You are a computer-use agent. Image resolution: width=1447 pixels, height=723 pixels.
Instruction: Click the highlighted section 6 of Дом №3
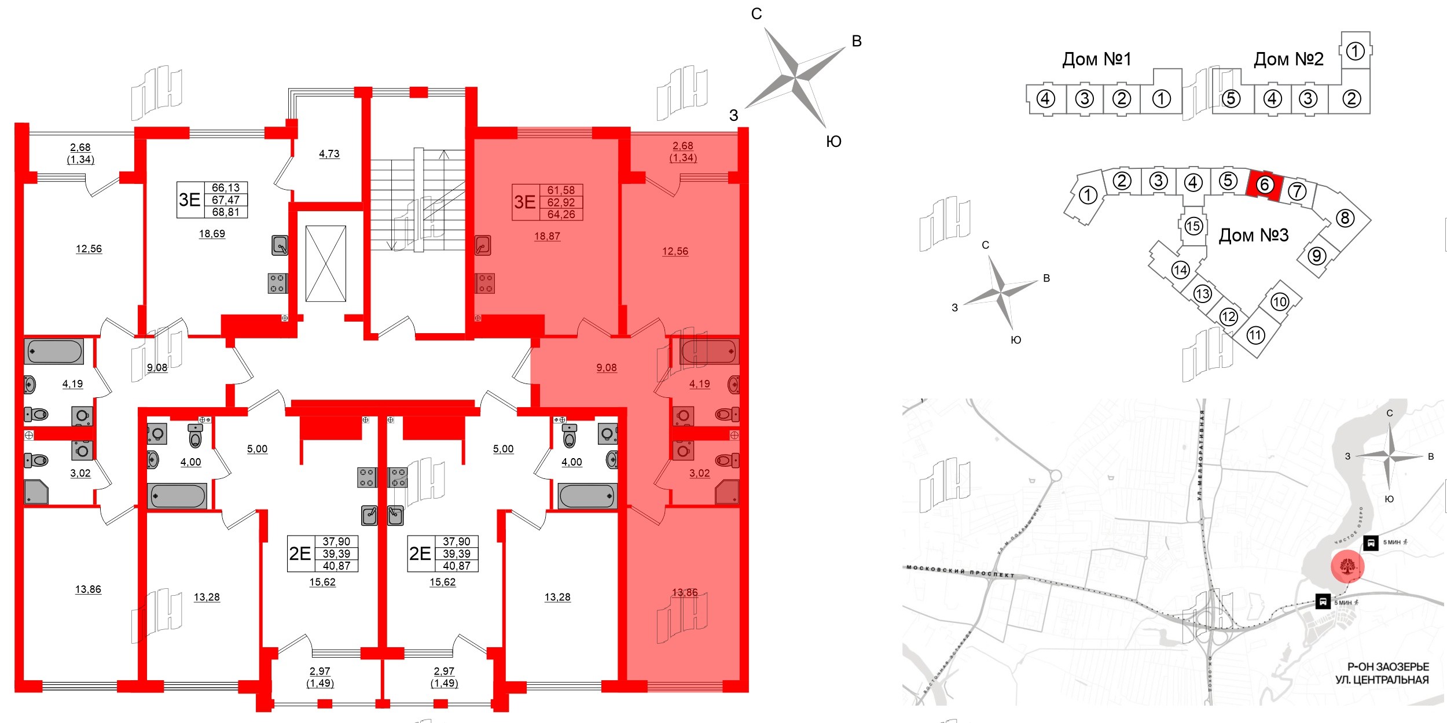pyautogui.click(x=1265, y=185)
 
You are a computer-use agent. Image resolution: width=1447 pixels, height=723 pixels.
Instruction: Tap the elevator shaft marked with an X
pyautogui.click(x=325, y=263)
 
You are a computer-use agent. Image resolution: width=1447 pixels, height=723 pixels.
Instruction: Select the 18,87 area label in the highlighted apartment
pyautogui.click(x=547, y=236)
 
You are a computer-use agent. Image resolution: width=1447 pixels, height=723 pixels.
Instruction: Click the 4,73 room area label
pyautogui.click(x=329, y=154)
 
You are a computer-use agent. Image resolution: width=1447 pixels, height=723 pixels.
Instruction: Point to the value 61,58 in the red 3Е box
pyautogui.click(x=561, y=190)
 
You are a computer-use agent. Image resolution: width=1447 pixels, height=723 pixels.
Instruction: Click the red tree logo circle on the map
pyautogui.click(x=1347, y=566)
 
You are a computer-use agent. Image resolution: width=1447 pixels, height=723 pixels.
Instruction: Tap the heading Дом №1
pyautogui.click(x=1096, y=59)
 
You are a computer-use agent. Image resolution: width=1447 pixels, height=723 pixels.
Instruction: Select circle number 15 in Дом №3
pyautogui.click(x=1193, y=226)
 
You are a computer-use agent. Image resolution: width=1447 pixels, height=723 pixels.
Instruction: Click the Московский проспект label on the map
pyautogui.click(x=960, y=571)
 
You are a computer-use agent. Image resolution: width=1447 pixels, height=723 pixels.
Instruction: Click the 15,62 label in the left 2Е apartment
pyautogui.click(x=322, y=582)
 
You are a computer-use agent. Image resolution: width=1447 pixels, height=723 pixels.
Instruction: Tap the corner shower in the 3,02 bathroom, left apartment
pyautogui.click(x=36, y=492)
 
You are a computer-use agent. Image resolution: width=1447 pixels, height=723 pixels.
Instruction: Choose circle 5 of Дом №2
pyautogui.click(x=1231, y=99)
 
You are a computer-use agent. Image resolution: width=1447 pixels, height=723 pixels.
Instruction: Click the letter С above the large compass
pyautogui.click(x=756, y=14)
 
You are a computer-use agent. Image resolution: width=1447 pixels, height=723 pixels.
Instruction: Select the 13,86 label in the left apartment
pyautogui.click(x=88, y=589)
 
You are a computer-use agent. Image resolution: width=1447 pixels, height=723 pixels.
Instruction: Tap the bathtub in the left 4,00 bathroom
pyautogui.click(x=178, y=496)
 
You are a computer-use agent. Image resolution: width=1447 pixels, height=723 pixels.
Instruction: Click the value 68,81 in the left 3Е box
pyautogui.click(x=226, y=212)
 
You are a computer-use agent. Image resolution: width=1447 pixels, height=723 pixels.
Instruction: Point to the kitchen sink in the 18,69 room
pyautogui.click(x=280, y=245)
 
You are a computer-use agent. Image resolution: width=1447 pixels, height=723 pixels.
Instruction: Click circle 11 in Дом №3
pyautogui.click(x=1255, y=335)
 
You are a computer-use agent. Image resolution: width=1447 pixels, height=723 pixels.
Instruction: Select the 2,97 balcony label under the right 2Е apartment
pyautogui.click(x=444, y=671)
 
